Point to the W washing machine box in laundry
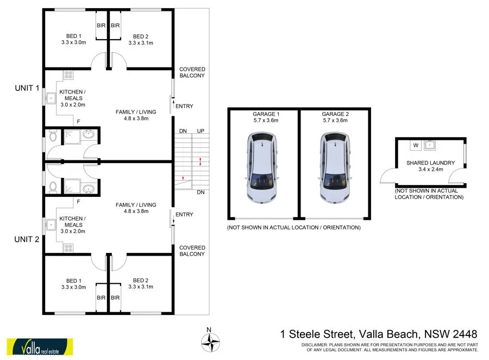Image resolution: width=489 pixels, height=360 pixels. coord(416,145)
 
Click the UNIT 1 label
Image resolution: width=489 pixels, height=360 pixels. coord(27,88)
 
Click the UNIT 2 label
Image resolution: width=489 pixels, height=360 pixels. coord(27,239)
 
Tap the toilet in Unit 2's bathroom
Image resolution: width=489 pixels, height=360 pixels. coord(53,187)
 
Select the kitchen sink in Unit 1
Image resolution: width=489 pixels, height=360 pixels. coord(51,98)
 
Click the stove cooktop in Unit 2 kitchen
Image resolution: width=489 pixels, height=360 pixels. coord(69,247)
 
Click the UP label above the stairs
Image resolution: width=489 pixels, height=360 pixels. coord(200,131)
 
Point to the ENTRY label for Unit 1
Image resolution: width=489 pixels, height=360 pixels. coord(185,106)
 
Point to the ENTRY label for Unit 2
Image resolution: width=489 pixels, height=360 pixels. coord(185,214)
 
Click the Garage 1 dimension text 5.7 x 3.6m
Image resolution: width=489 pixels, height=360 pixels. coord(266,121)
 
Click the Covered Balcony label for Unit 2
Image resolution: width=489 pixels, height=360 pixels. coord(192,251)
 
